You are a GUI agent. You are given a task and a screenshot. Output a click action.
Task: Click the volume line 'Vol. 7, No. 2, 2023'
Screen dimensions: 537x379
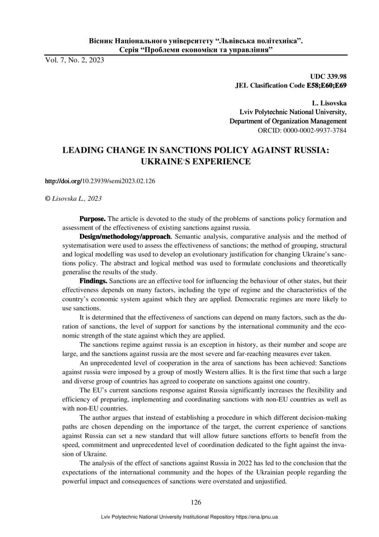click(x=74, y=61)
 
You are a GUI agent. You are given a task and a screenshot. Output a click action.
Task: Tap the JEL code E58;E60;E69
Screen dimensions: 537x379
click(x=327, y=86)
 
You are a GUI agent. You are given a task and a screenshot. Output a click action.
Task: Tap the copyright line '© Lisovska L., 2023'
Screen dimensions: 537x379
click(x=74, y=198)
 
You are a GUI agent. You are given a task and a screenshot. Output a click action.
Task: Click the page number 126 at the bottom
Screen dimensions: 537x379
click(x=196, y=502)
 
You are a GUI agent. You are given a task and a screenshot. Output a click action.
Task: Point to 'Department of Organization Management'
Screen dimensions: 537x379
click(x=288, y=121)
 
